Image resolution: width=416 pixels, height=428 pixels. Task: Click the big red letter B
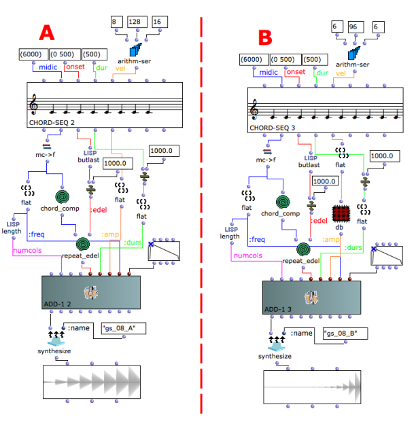tap(265, 37)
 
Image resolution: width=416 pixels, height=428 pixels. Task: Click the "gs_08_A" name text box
tap(123, 329)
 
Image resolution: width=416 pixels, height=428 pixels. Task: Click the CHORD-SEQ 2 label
tap(51, 123)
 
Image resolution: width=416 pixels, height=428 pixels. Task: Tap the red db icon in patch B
tap(341, 213)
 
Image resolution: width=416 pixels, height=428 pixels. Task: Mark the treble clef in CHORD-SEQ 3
tap(256, 109)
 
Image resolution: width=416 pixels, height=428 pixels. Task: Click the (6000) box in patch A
tap(33, 54)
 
